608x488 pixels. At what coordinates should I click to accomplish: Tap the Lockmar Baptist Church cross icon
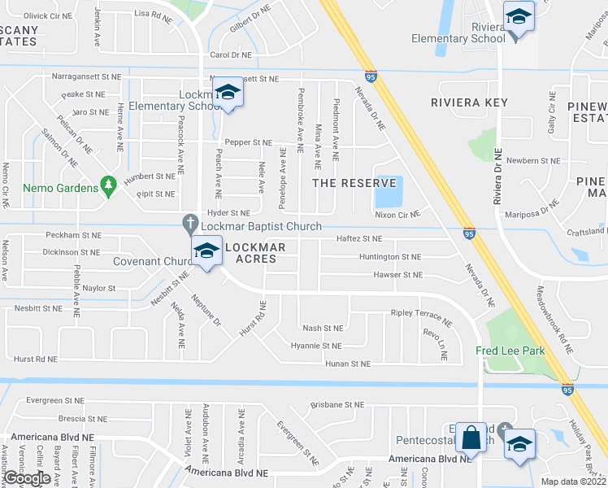(x=190, y=222)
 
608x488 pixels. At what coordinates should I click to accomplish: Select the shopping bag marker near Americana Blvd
(x=471, y=440)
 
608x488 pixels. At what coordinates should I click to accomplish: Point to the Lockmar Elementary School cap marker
(x=228, y=94)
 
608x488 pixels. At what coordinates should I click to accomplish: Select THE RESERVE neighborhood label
(x=354, y=183)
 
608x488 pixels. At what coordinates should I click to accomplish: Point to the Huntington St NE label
(x=390, y=256)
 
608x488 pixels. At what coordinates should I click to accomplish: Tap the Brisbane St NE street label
(x=337, y=404)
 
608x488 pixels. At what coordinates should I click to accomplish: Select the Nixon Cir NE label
(x=397, y=215)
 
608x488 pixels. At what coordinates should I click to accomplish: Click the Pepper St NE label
(x=249, y=142)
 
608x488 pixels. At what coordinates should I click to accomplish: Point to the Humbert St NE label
(x=149, y=175)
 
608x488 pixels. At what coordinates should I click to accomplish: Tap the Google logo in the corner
(x=27, y=479)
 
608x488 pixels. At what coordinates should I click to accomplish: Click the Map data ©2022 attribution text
(x=574, y=481)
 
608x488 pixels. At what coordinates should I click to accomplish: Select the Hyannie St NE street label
(x=316, y=346)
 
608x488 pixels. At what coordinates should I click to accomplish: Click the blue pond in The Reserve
(x=387, y=193)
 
